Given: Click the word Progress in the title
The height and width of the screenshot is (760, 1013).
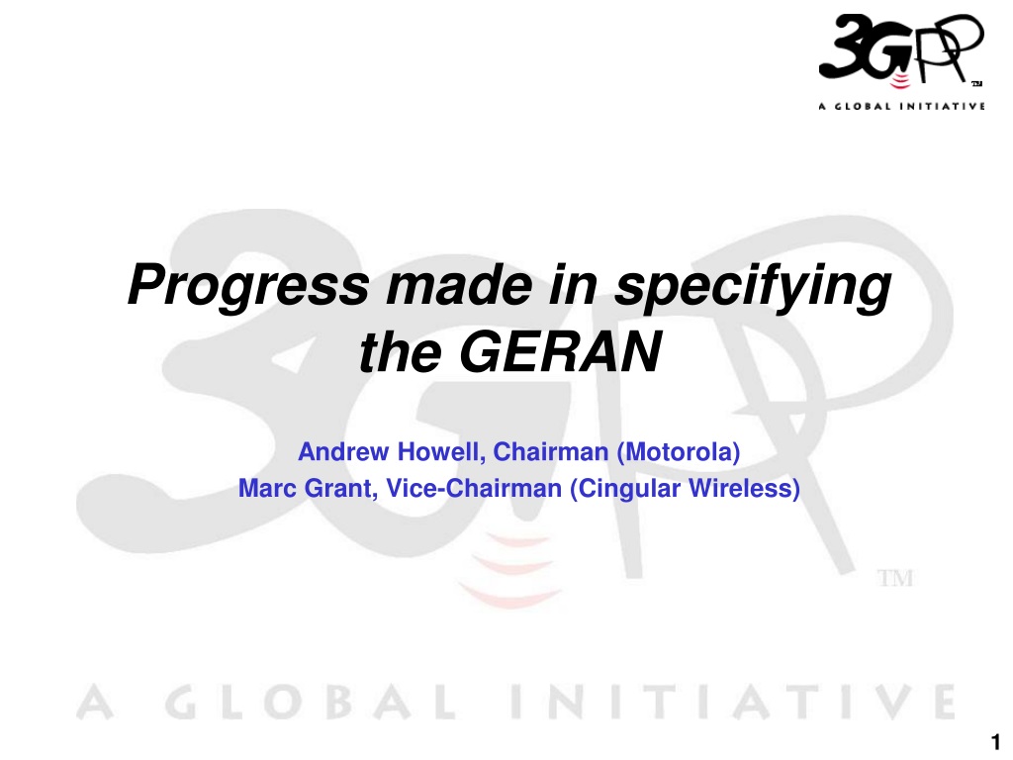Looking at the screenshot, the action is (248, 285).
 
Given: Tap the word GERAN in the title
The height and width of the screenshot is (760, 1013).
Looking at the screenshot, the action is (560, 352).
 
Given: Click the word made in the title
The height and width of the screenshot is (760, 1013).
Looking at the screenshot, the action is (459, 285).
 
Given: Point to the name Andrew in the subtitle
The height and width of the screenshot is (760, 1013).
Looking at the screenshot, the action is (343, 451).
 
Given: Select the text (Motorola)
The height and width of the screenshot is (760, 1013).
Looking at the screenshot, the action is (679, 452).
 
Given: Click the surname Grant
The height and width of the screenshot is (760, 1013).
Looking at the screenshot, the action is (340, 489).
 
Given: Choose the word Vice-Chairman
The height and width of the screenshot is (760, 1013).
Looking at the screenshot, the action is (474, 488).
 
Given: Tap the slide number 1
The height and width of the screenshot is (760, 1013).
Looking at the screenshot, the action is (995, 741).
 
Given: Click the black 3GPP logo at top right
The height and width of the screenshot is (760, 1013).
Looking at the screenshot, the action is (901, 48).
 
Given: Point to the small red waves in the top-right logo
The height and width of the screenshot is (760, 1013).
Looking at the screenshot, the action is (899, 79).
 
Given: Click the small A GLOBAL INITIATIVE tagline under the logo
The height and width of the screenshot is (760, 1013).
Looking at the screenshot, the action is (901, 106).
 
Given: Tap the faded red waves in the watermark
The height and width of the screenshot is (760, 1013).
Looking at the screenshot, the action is (510, 569).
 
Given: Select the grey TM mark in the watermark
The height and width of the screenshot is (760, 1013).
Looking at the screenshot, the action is (895, 578).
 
